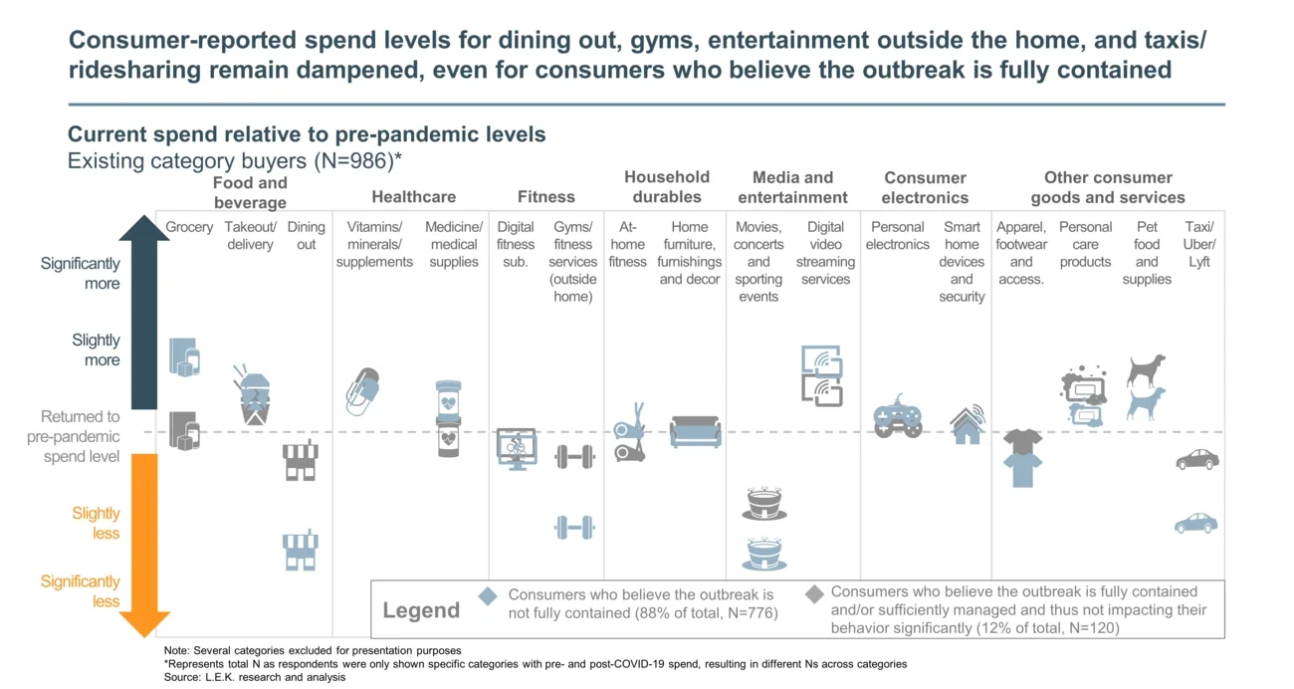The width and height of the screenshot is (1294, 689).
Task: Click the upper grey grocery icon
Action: point(184,356)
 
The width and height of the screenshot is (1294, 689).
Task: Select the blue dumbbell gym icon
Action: point(574,527)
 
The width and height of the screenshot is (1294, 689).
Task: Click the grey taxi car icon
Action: point(1196,459)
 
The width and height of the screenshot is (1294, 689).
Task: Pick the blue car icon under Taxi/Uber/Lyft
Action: point(1195,523)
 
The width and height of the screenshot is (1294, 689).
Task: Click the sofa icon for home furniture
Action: point(696,431)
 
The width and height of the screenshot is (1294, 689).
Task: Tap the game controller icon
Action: point(897,420)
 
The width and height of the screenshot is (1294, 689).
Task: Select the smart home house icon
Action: point(967,424)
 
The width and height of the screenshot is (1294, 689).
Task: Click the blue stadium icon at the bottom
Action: point(764,554)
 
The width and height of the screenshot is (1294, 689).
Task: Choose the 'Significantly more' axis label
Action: point(80,273)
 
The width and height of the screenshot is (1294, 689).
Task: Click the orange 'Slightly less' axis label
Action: point(96,523)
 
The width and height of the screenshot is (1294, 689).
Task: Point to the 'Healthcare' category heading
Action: point(413,197)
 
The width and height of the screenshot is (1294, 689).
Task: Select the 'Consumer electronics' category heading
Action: point(925,187)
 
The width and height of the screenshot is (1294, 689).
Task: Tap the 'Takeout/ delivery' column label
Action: point(250,236)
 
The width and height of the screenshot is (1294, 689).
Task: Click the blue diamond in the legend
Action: point(488,595)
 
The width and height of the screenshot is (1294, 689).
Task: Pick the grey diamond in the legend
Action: point(814,594)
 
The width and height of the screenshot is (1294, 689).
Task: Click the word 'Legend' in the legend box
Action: point(421,610)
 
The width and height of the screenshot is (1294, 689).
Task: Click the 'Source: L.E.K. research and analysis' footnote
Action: point(255,677)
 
